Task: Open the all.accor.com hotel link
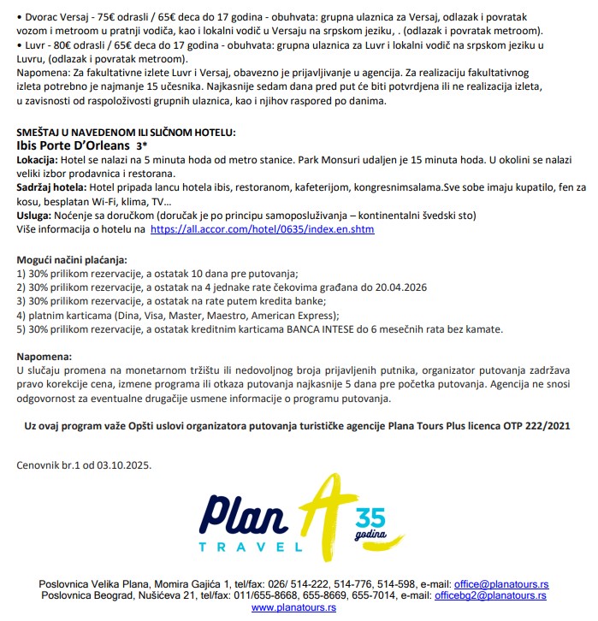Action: (x=262, y=229)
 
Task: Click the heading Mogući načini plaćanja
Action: (x=71, y=258)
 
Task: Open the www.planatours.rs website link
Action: (x=293, y=606)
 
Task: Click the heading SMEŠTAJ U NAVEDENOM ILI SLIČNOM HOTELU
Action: (x=126, y=133)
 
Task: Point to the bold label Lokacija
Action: (x=38, y=160)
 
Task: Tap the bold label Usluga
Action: (x=35, y=216)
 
